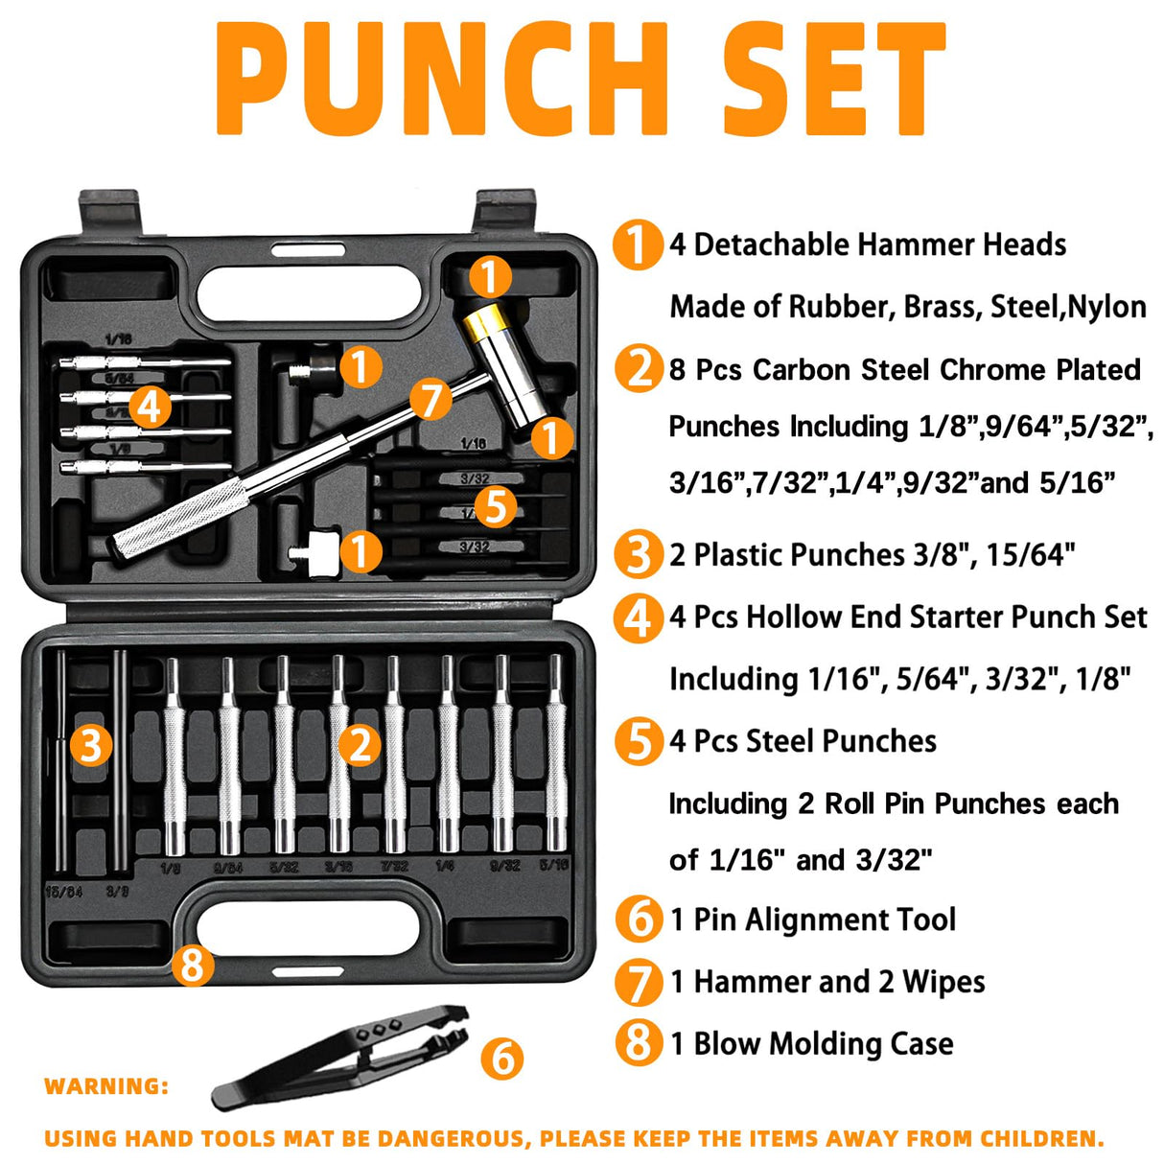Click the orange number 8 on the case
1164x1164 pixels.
point(193,964)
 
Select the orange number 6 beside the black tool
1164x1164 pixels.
point(502,1058)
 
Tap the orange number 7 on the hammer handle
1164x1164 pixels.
point(431,399)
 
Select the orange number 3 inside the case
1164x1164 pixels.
point(91,744)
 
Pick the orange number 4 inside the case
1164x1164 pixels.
point(149,407)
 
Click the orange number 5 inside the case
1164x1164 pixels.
point(496,505)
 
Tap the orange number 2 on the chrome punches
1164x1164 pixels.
point(361,744)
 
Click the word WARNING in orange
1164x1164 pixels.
point(106,1086)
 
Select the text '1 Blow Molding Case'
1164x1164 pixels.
point(811,1043)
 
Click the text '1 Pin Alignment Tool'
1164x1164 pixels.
point(812,920)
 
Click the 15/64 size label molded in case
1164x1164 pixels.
point(63,892)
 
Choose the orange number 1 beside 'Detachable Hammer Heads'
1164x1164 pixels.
point(637,244)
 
